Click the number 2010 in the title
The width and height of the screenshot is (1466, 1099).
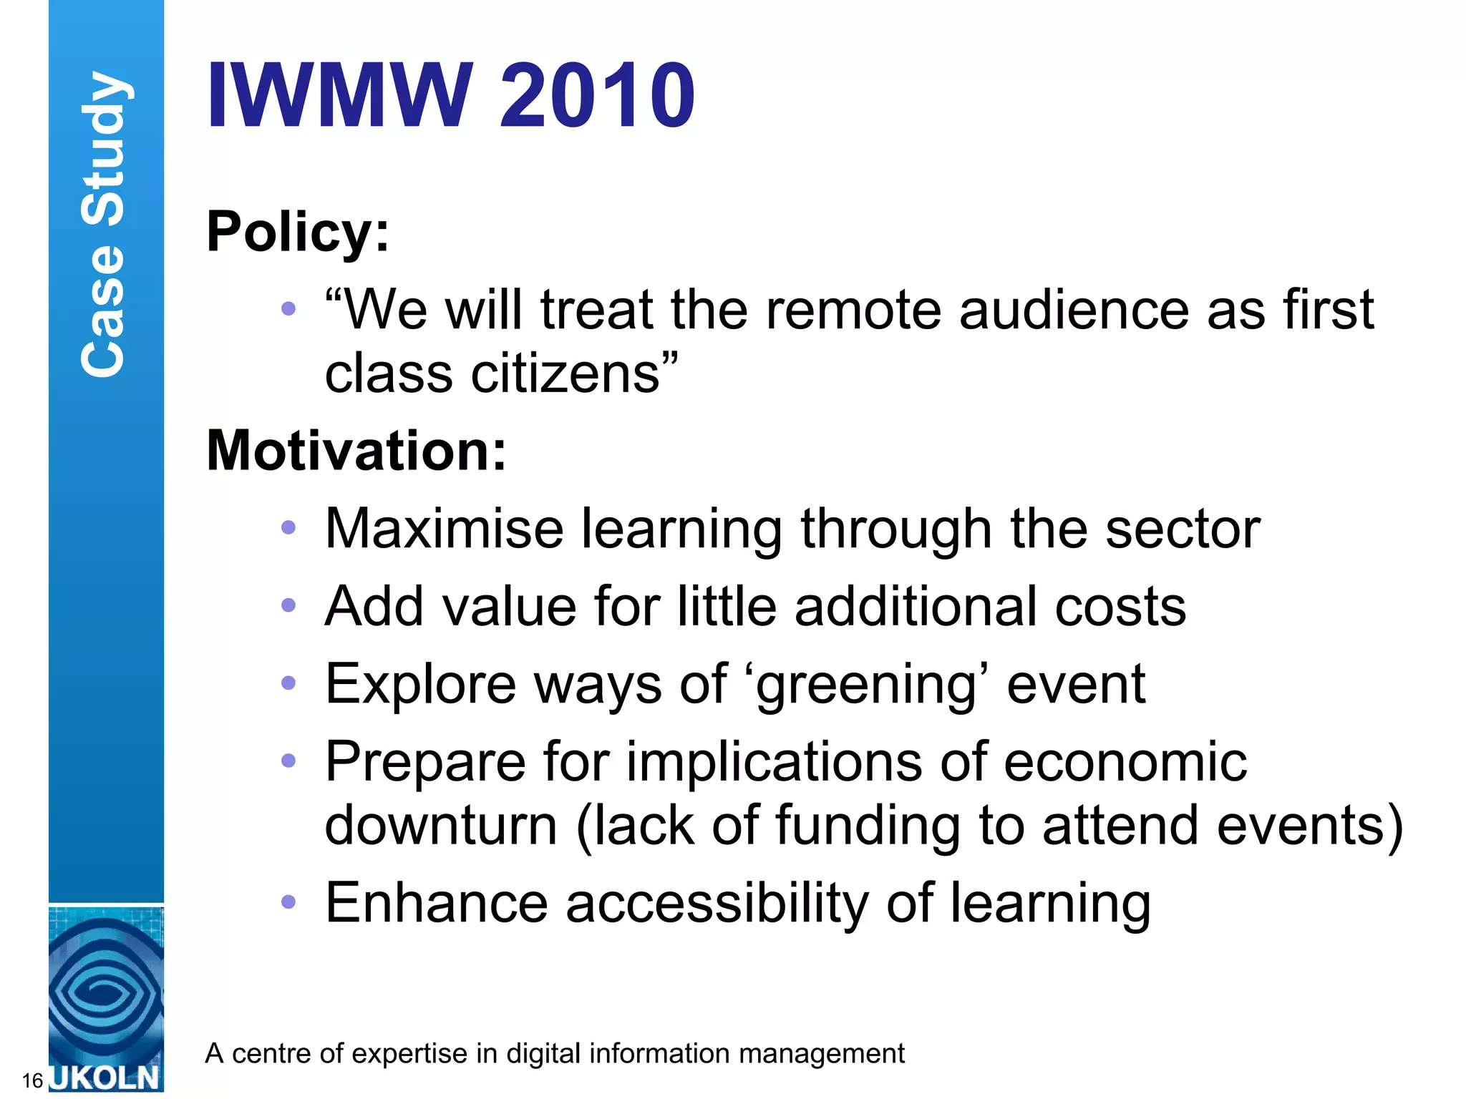(597, 95)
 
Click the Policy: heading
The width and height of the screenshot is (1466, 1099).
(298, 233)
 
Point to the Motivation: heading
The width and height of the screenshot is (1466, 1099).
(356, 451)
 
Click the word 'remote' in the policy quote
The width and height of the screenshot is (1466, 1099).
(853, 310)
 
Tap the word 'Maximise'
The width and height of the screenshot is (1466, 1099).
(444, 529)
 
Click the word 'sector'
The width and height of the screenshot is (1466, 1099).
(1182, 529)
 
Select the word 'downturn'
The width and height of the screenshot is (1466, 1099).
(441, 826)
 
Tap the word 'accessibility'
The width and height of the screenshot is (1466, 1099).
(717, 904)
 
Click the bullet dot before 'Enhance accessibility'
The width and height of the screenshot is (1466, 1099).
(288, 902)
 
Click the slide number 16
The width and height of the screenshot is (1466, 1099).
(32, 1080)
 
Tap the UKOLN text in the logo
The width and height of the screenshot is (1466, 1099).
(106, 1078)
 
